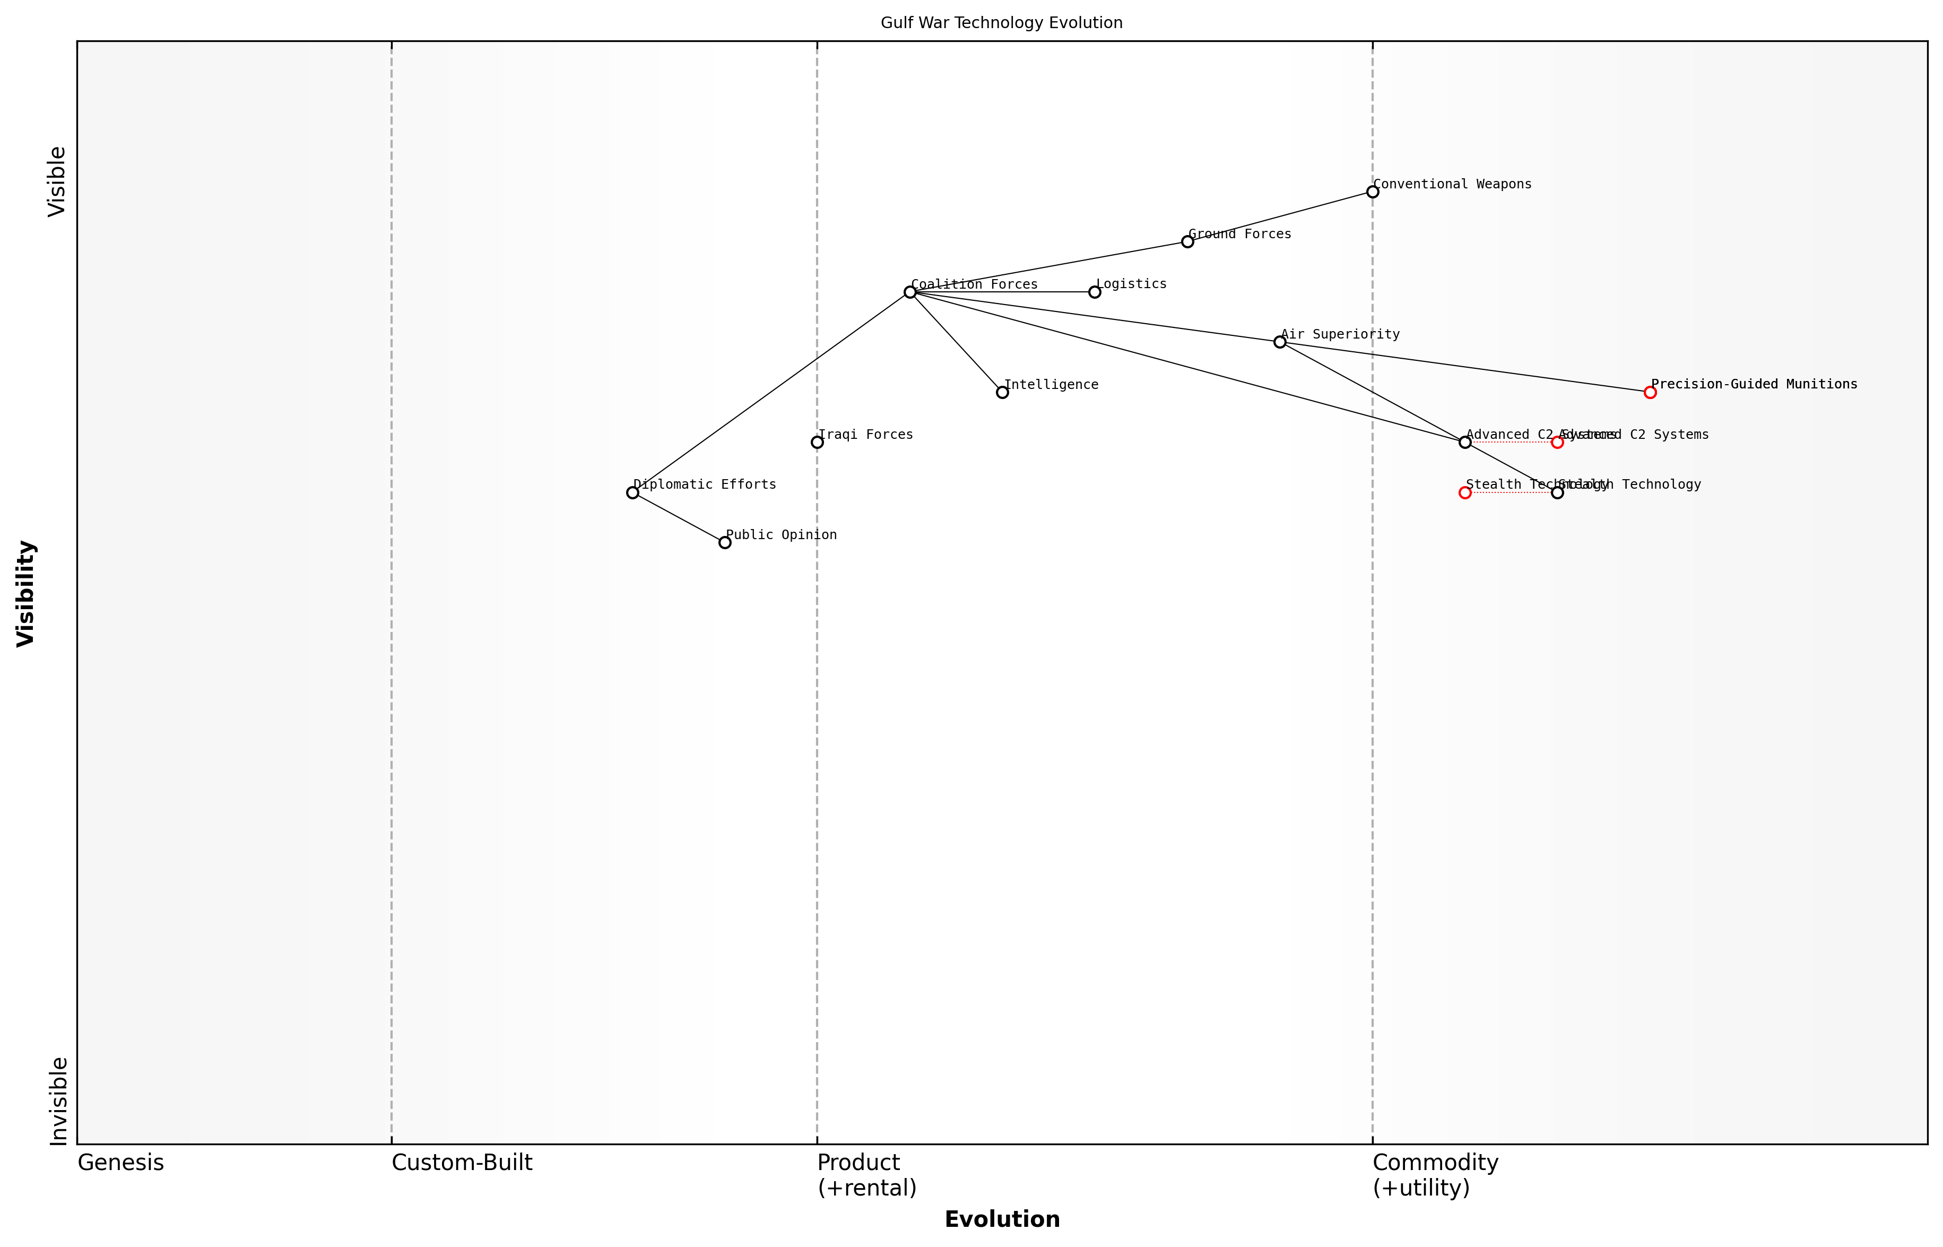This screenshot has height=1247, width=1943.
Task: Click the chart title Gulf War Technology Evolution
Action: coord(1001,23)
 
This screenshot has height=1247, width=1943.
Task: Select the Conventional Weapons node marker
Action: coord(1372,192)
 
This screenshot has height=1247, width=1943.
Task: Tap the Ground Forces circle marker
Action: coord(1187,241)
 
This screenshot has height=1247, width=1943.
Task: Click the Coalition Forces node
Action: coord(910,291)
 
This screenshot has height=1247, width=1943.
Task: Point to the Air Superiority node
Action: coord(1280,342)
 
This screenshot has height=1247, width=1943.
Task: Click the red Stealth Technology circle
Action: coord(1464,492)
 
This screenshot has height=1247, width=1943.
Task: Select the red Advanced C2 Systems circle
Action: coord(1557,442)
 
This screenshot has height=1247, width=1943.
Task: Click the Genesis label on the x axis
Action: coord(120,1163)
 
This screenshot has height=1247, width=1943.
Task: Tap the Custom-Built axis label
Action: coord(462,1163)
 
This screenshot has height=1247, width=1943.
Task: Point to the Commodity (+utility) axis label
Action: coord(1435,1175)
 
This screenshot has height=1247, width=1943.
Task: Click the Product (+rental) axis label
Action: coord(866,1175)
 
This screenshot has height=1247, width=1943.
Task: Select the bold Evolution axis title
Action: coord(1001,1219)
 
